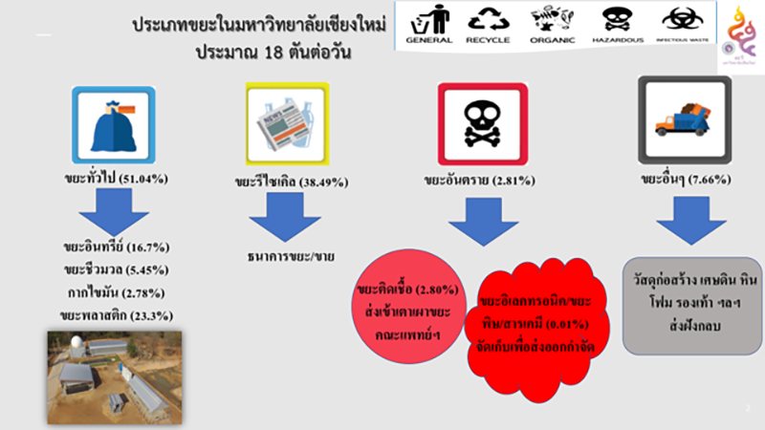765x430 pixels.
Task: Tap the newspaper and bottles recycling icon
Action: pyautogui.click(x=288, y=122)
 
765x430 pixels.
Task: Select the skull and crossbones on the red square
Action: pyautogui.click(x=477, y=122)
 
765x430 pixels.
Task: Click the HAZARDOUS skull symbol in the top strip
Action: pyautogui.click(x=617, y=23)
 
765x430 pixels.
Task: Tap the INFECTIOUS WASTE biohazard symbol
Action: pyautogui.click(x=681, y=23)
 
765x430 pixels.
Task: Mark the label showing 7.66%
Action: pyautogui.click(x=685, y=179)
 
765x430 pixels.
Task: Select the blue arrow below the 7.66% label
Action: pyautogui.click(x=685, y=222)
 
